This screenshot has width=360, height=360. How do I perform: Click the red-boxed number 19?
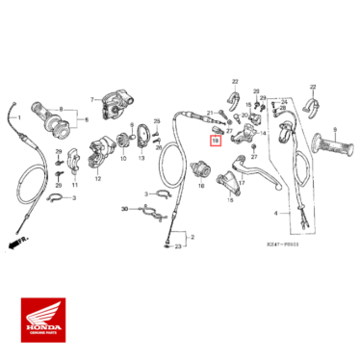click(x=215, y=141)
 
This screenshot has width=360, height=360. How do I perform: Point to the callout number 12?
click(x=97, y=178)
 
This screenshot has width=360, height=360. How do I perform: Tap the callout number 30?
click(x=125, y=208)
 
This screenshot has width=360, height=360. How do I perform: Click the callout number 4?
click(x=276, y=212)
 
